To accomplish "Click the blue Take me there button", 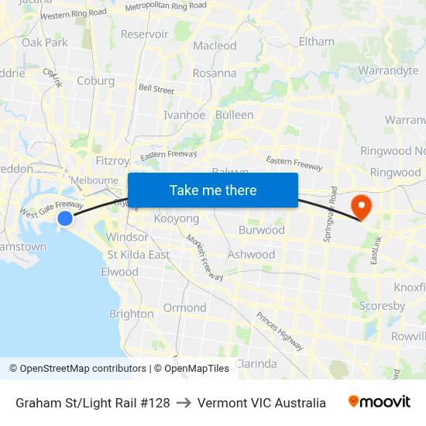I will coord(213,190).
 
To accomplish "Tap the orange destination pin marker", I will coord(361,206).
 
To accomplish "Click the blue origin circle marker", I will coord(65,218).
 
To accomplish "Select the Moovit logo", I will coord(379,402).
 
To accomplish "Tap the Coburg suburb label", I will coord(96,81).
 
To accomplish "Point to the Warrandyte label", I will coord(388,70).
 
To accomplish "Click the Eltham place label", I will coord(316,41).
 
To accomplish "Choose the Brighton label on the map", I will coord(131,314).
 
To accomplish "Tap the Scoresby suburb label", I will coord(382,306).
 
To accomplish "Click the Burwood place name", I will coord(262,230).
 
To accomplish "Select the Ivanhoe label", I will coord(184,115).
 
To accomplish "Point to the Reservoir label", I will coord(144,34).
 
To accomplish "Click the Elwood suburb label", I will coord(119,272).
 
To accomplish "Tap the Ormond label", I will coord(184,307).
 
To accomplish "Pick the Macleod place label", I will coord(215,46).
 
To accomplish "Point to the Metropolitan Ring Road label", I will coord(166,5).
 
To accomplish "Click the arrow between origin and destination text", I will coord(184,403).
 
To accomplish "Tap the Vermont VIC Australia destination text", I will coord(262,403).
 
